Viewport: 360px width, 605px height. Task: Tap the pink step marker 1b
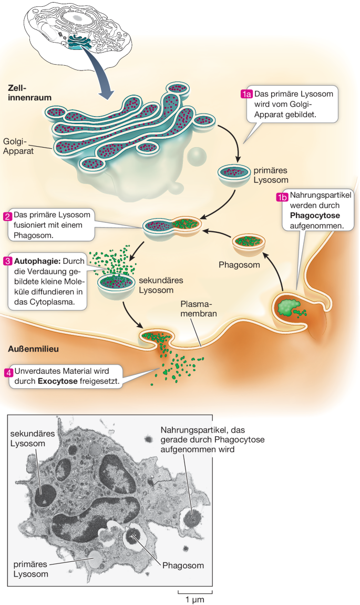pos(283,198)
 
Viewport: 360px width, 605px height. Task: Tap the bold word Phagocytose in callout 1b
pos(311,216)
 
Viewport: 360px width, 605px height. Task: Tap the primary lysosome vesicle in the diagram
pos(234,174)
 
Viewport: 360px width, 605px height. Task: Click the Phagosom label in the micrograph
pos(182,566)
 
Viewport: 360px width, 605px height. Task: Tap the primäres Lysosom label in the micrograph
pos(31,569)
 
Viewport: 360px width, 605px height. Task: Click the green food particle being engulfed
pos(287,307)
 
